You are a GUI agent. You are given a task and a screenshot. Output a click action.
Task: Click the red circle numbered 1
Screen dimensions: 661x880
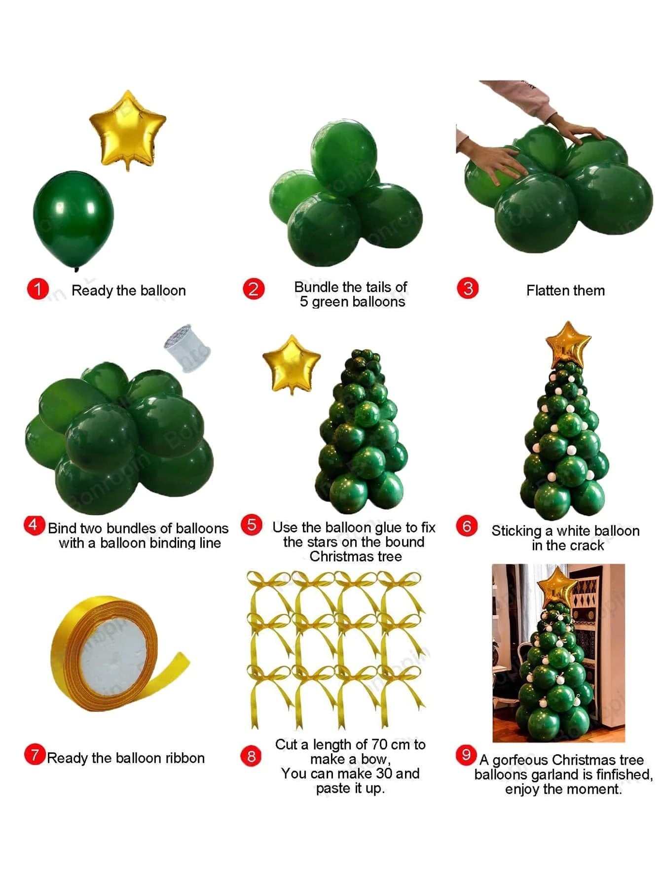[37, 289]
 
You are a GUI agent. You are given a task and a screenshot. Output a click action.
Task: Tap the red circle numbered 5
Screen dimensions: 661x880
[252, 525]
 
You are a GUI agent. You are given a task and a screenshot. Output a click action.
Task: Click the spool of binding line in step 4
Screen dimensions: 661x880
[186, 347]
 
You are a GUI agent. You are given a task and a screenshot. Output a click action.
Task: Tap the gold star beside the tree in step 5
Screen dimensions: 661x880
[292, 364]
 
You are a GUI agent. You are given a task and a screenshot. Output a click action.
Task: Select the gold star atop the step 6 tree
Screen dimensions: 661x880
[568, 343]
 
